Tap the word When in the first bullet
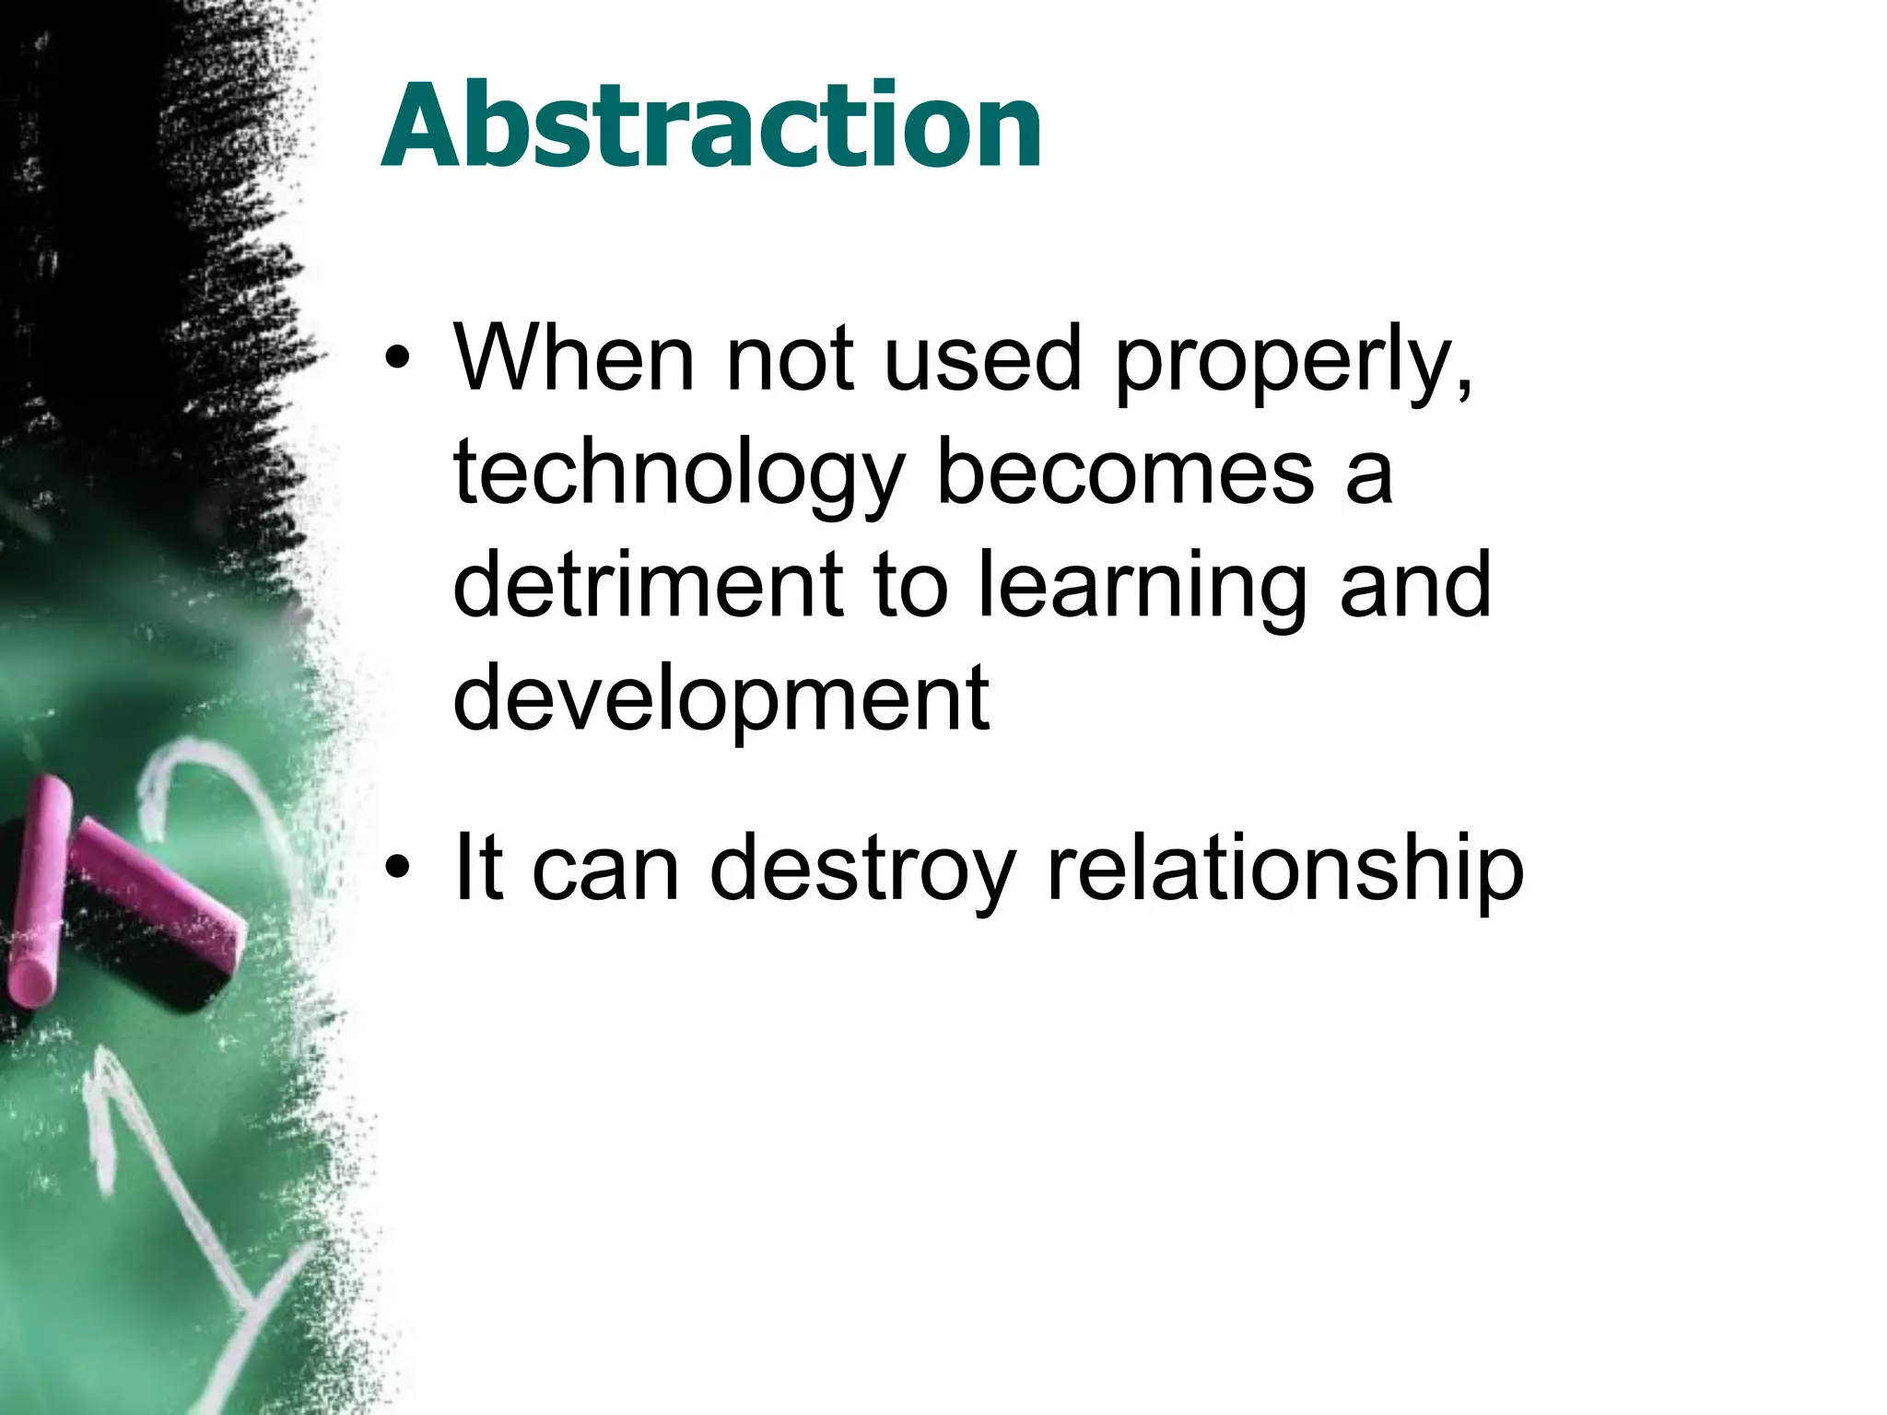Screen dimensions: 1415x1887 [573, 358]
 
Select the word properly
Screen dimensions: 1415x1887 [1284, 361]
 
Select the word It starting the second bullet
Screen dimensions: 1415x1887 [478, 867]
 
